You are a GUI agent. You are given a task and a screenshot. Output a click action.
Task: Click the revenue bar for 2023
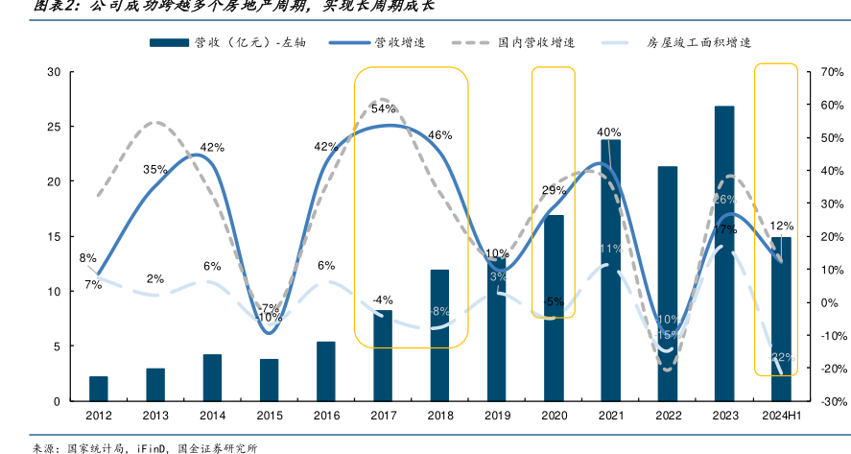click(724, 253)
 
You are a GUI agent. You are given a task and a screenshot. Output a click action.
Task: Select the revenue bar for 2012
click(99, 389)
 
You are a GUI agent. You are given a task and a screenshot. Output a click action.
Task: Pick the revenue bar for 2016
click(326, 371)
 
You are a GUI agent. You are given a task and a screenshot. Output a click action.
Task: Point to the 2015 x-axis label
click(270, 416)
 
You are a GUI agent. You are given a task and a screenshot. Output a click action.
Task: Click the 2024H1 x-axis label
click(781, 416)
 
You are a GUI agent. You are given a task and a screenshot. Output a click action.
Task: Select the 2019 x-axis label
click(497, 416)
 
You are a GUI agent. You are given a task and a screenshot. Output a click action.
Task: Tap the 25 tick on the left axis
click(55, 127)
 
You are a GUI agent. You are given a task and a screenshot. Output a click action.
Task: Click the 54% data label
click(383, 108)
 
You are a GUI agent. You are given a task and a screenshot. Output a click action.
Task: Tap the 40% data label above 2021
click(608, 132)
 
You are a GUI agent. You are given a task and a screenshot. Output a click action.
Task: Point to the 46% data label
click(439, 135)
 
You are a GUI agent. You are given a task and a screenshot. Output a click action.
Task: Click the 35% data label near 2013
click(155, 169)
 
